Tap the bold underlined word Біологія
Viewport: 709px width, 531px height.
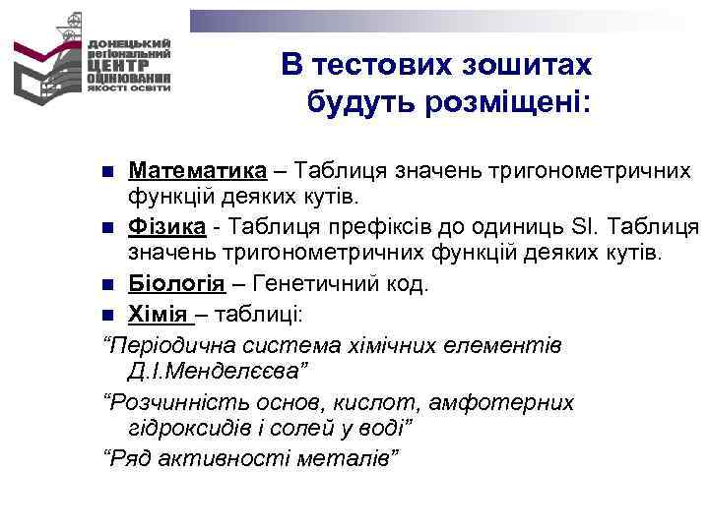pyautogui.click(x=176, y=285)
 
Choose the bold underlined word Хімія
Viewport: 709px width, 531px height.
pyautogui.click(x=160, y=314)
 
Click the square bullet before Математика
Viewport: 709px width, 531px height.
pyautogui.click(x=108, y=173)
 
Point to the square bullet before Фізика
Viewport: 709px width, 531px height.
pyautogui.click(x=108, y=230)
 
